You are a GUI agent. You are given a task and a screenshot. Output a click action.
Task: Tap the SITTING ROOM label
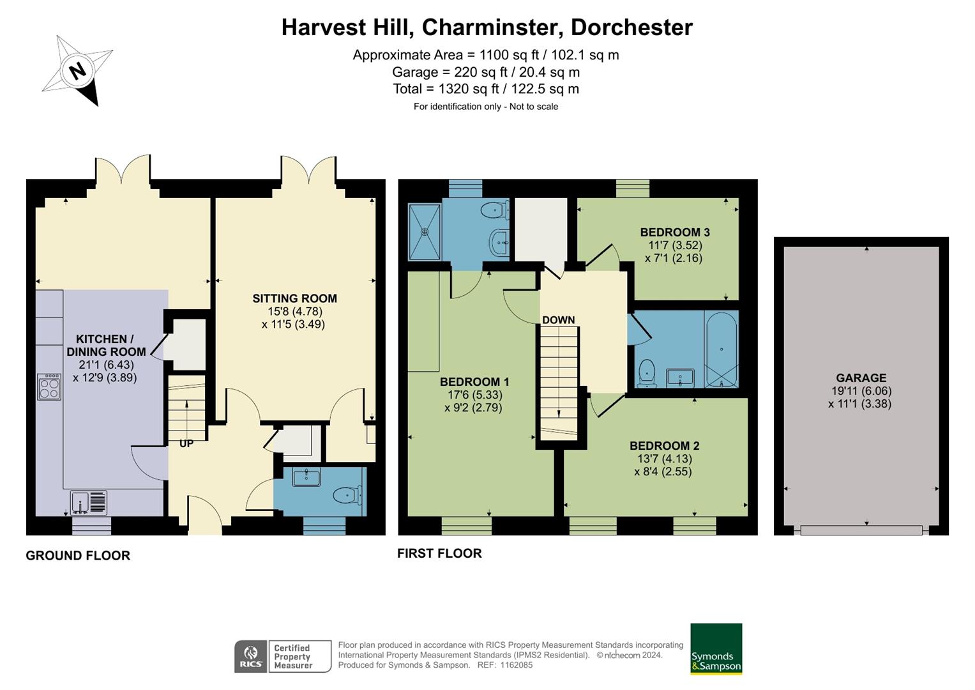294,298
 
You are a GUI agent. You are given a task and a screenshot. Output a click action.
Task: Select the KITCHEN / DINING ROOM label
106,345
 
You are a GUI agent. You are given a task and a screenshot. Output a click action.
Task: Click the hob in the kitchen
49,387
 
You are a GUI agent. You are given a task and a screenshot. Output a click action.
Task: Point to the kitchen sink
88,502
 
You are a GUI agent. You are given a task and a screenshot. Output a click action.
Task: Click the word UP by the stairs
186,443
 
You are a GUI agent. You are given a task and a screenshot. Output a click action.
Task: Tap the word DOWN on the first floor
558,320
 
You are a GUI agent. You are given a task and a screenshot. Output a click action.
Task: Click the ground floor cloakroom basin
306,477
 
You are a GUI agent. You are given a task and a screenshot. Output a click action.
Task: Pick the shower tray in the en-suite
425,231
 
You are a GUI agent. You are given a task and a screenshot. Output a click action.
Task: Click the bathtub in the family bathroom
722,349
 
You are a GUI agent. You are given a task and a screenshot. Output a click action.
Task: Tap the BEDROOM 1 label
474,382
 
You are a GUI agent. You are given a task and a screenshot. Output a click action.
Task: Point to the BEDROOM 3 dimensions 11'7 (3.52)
675,245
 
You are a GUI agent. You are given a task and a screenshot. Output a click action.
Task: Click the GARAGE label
861,378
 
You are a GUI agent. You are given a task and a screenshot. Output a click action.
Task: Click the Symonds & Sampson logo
716,649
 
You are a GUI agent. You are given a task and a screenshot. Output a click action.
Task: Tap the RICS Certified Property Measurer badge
283,657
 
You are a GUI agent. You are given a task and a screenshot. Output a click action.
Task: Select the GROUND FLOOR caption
78,556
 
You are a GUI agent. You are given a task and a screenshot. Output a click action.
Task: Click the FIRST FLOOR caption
439,553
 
